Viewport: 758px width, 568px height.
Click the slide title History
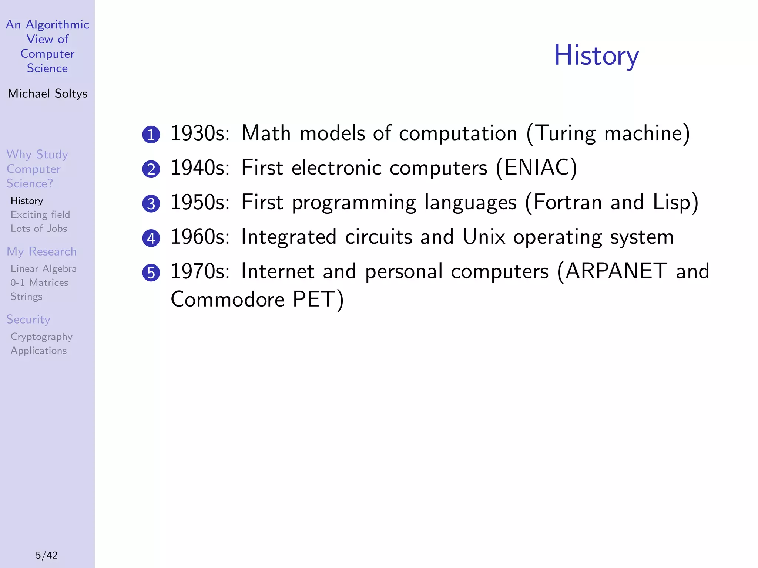tap(596, 55)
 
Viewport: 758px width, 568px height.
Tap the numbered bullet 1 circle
tap(151, 135)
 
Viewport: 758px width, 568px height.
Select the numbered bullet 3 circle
tap(151, 204)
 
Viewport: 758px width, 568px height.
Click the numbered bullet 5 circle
tap(151, 273)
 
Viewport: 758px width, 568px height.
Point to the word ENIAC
tap(536, 168)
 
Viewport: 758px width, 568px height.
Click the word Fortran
tap(567, 202)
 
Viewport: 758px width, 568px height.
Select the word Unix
tap(484, 237)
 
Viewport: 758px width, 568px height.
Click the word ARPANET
tap(616, 271)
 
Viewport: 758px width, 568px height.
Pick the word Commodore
tap(227, 299)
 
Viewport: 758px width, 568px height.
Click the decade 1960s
tap(200, 237)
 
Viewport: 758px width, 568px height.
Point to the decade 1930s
tap(200, 133)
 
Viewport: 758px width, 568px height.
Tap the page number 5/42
tap(47, 555)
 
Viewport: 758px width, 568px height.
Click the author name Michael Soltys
tap(47, 94)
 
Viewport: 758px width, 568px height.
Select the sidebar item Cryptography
tap(41, 337)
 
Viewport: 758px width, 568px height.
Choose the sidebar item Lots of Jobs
tap(39, 229)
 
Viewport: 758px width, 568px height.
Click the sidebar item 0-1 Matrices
tap(39, 283)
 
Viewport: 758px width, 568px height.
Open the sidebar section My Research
tap(41, 251)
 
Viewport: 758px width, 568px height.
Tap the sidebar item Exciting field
tap(40, 215)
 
